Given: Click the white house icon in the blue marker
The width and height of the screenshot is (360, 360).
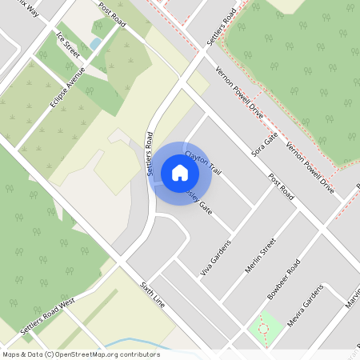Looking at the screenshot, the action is point(180,172).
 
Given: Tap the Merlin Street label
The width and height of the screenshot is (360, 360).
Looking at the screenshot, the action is point(261,255).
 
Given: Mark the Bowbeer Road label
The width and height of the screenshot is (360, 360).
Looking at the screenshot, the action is point(284,279).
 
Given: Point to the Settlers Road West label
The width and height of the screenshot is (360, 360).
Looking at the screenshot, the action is point(47,316).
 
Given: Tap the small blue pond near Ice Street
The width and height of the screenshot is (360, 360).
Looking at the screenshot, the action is point(95,43).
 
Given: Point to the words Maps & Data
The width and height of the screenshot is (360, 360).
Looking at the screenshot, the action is point(22,354).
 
